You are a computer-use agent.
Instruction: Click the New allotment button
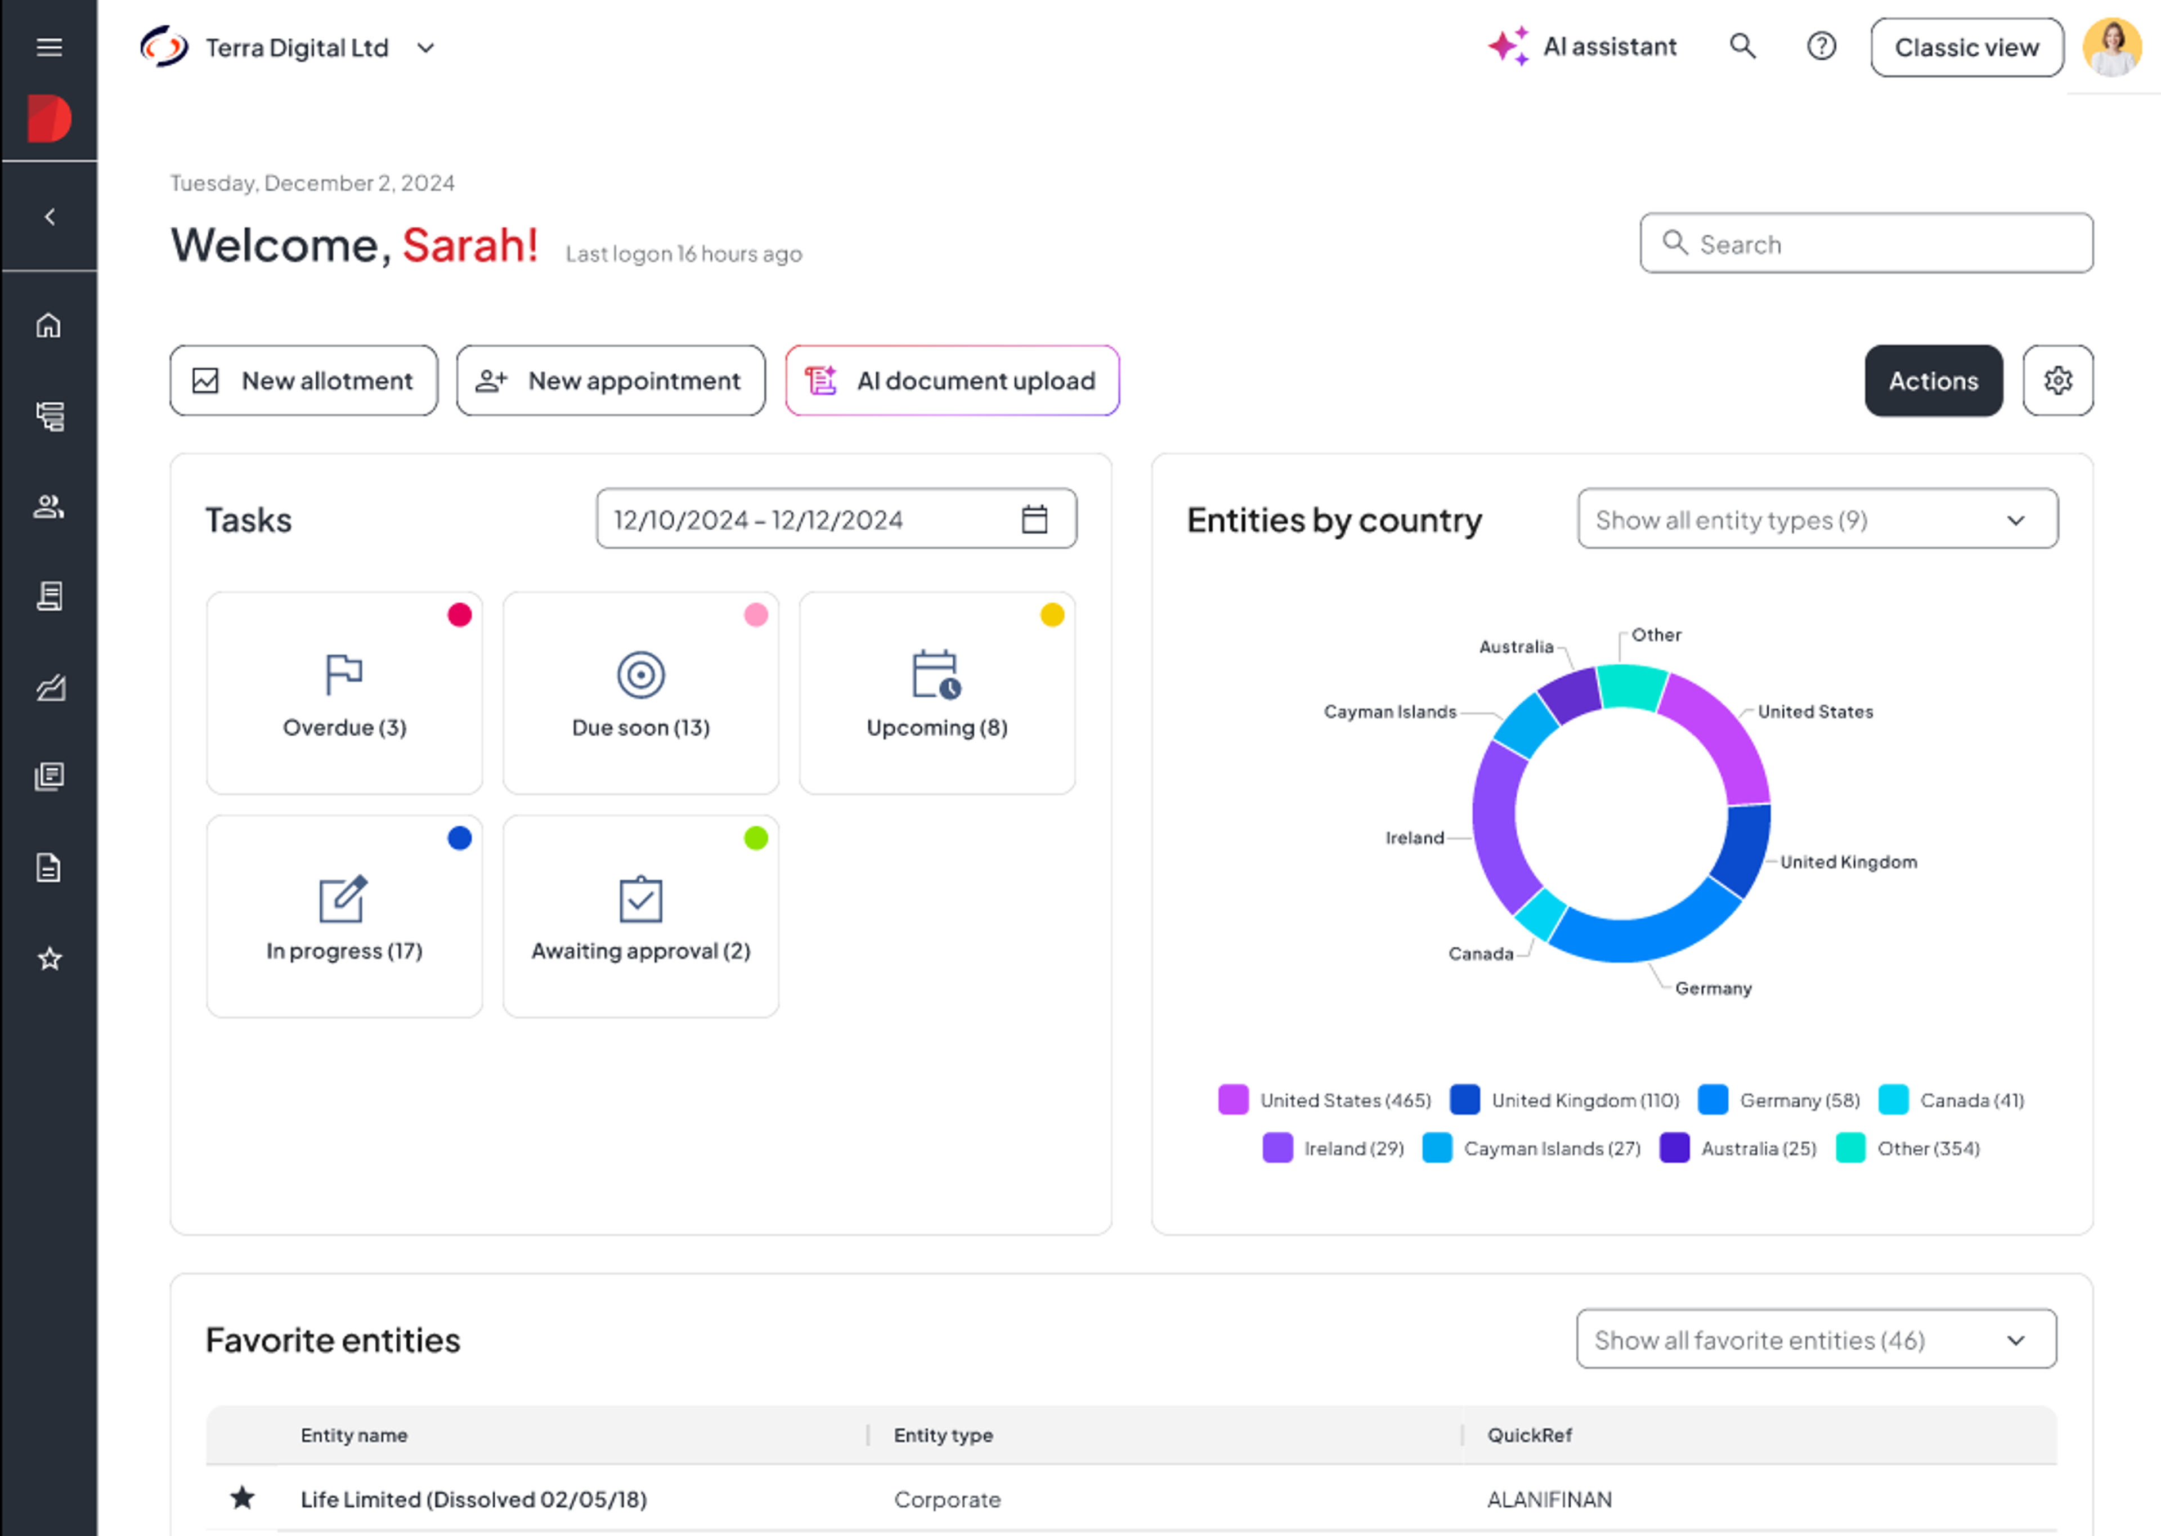pos(303,380)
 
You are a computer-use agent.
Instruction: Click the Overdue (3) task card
pos(344,692)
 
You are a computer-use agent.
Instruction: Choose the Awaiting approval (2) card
pos(640,916)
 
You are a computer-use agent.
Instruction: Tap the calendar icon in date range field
pos(1034,520)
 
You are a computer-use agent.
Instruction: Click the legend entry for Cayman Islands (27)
pos(1532,1148)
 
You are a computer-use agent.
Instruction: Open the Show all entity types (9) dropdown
pos(1816,520)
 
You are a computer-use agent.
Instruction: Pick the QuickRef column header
pos(1528,1435)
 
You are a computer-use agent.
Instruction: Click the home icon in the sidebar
pos(49,325)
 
